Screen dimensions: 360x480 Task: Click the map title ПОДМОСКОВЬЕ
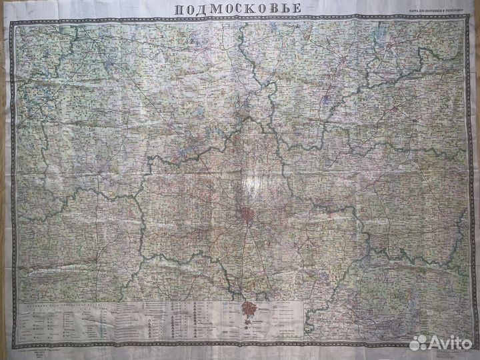(x=238, y=9)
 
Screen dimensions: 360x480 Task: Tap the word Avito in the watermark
(x=450, y=343)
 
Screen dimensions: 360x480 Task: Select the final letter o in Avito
(x=467, y=343)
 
